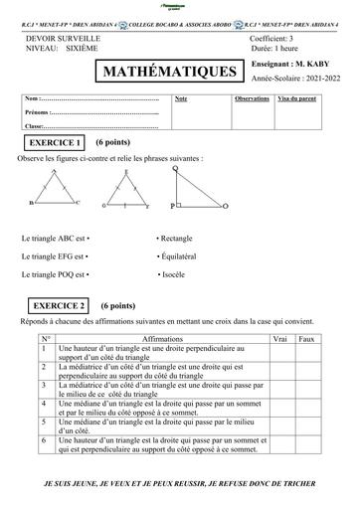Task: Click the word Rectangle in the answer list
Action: [x=176, y=239]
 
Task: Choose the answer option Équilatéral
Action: [x=181, y=256]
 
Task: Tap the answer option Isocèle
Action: [x=174, y=273]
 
